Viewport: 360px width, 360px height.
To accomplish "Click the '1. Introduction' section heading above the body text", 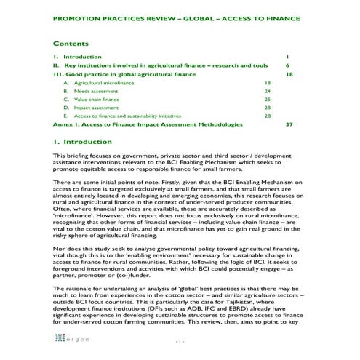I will point(83,142).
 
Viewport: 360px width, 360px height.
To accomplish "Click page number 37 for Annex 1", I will point(289,124).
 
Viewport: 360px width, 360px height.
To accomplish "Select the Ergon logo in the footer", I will point(71,340).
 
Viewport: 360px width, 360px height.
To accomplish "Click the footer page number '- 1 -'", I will point(180,340).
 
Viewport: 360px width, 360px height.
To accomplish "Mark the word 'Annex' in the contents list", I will point(64,124).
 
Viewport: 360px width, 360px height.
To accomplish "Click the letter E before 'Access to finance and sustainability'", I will point(65,116).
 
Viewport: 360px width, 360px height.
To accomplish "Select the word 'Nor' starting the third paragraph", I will point(59,248).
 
